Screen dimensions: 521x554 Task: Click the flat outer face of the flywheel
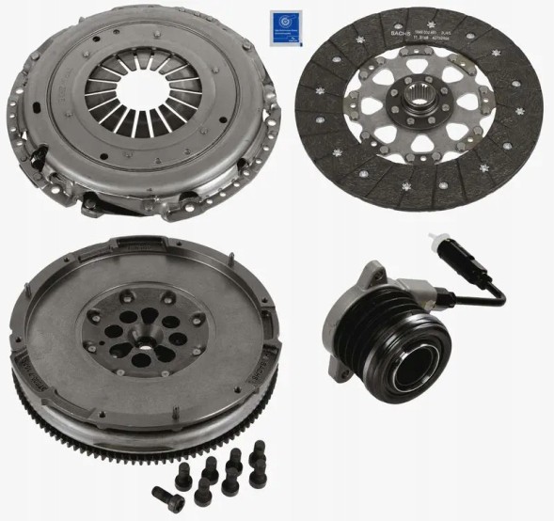point(56,329)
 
